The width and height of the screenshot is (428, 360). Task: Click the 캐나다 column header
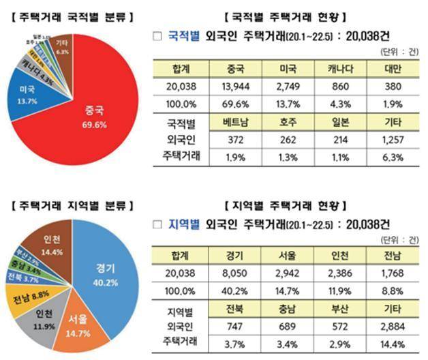pyautogui.click(x=342, y=68)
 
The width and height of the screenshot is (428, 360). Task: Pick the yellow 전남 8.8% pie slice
pyautogui.click(x=23, y=295)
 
